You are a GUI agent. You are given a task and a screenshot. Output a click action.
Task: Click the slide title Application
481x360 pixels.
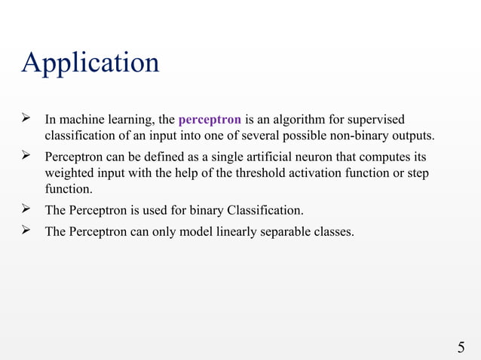click(x=90, y=63)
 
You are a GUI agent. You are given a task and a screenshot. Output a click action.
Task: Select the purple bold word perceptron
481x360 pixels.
click(x=210, y=120)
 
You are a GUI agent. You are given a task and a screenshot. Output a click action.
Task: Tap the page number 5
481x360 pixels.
click(x=461, y=347)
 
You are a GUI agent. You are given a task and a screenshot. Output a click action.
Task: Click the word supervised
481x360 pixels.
click(x=377, y=120)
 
